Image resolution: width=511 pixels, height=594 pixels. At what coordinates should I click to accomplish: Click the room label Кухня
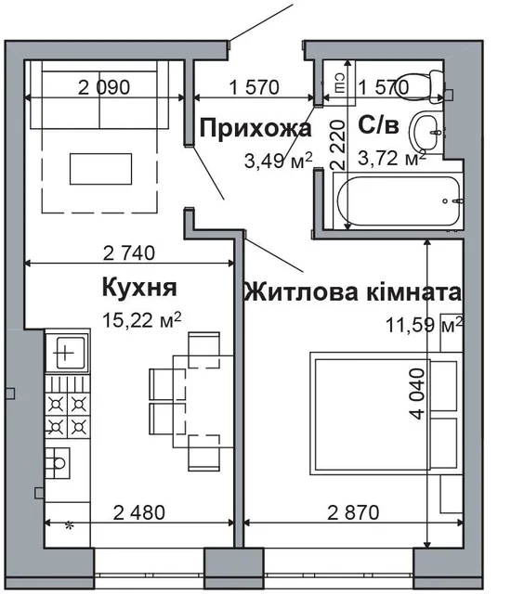140,286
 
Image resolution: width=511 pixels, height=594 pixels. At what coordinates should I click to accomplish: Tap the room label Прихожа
255,128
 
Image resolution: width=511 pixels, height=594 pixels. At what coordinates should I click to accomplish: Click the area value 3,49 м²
277,161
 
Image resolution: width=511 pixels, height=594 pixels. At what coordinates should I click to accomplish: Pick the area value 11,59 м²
423,326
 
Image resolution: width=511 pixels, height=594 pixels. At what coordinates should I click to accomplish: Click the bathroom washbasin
430,132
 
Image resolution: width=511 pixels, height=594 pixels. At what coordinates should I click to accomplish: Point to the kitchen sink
68,352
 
